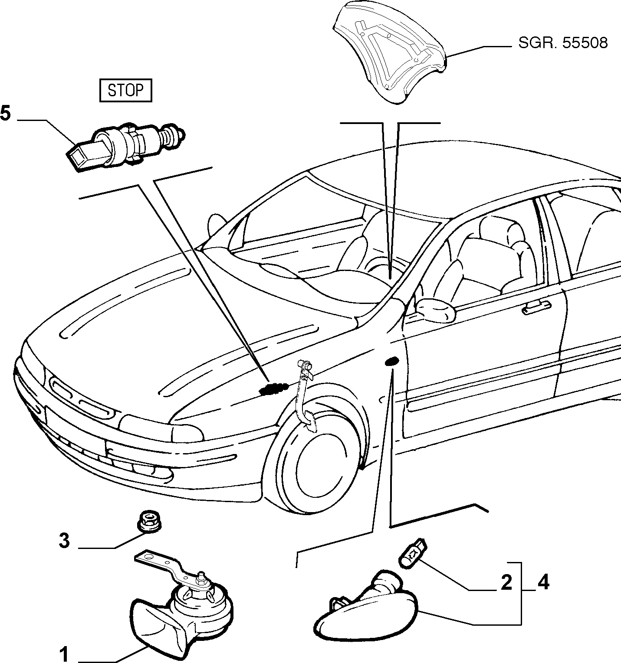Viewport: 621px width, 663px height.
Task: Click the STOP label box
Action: (x=126, y=91)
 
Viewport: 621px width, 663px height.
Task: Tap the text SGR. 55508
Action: (x=563, y=43)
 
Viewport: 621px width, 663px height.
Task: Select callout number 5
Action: (x=5, y=114)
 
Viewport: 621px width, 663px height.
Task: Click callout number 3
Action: (x=64, y=541)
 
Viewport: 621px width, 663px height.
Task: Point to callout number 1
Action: (x=64, y=653)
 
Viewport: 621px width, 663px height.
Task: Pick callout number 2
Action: (x=506, y=583)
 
